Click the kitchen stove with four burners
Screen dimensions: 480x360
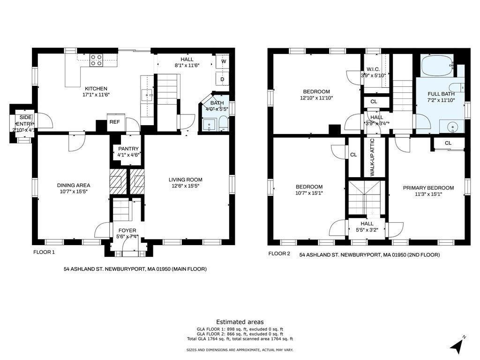pos(96,60)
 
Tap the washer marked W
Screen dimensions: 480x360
pos(223,61)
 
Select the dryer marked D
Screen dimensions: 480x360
pos(223,79)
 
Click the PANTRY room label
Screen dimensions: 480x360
pos(128,149)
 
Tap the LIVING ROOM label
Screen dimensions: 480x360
pos(186,180)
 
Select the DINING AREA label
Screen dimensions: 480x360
pos(74,185)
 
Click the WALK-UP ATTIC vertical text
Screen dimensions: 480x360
pos(372,157)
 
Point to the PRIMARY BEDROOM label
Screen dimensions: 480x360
pos(428,188)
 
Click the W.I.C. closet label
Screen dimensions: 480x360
pos(373,69)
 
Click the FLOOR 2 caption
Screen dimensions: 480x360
pos(279,254)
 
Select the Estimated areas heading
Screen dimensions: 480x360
pos(240,322)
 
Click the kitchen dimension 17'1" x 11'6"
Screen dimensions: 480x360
pos(96,95)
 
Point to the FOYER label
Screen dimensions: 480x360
pos(127,231)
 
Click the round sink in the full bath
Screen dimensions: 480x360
pos(451,127)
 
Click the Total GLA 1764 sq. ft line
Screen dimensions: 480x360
pos(240,339)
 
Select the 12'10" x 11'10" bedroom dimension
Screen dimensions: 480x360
pos(316,98)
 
